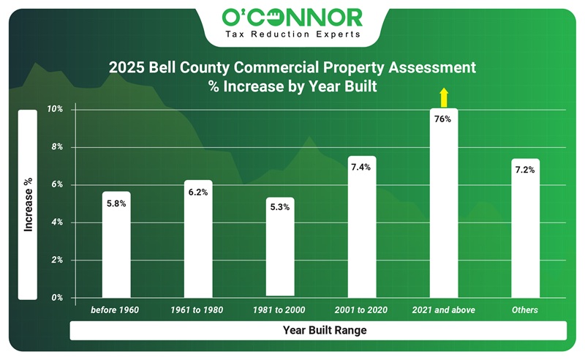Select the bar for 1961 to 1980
tap(198, 241)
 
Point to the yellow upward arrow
tap(442, 97)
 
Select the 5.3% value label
tap(280, 207)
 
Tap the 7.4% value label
tap(361, 167)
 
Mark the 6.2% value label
tap(198, 192)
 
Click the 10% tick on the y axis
tap(56, 109)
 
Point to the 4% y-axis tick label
tap(57, 222)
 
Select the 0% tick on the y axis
tap(57, 298)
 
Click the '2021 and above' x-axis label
tap(443, 310)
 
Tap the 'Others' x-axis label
tap(525, 310)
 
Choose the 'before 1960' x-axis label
tap(116, 310)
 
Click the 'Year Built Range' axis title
tap(325, 331)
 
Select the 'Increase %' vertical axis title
tap(28, 204)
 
